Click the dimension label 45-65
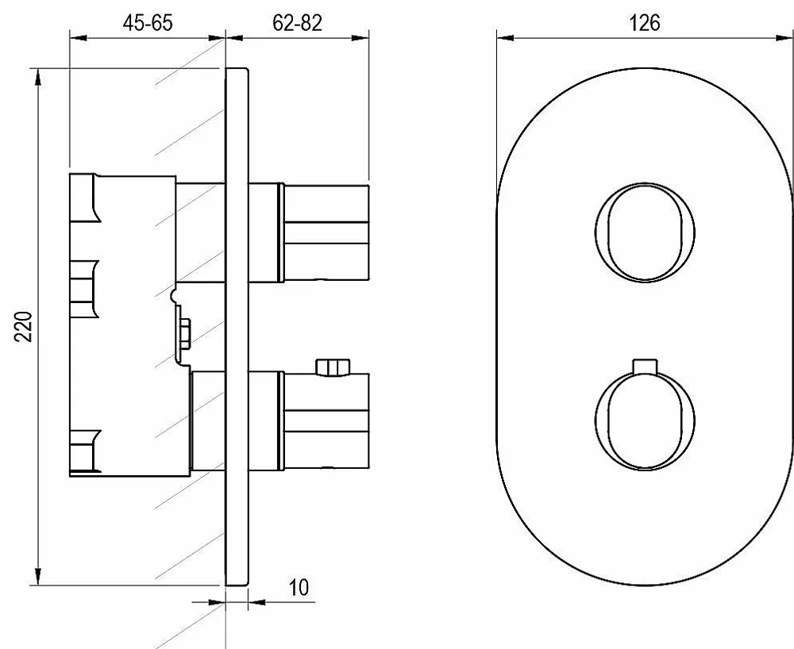pyautogui.click(x=148, y=23)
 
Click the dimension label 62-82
pyautogui.click(x=297, y=23)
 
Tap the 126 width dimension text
pyautogui.click(x=644, y=23)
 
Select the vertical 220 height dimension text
pyautogui.click(x=24, y=327)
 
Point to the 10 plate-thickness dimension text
pyautogui.click(x=299, y=588)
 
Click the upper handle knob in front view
pyautogui.click(x=645, y=232)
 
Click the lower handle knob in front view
pyautogui.click(x=645, y=421)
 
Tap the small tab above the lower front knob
pyautogui.click(x=645, y=367)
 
